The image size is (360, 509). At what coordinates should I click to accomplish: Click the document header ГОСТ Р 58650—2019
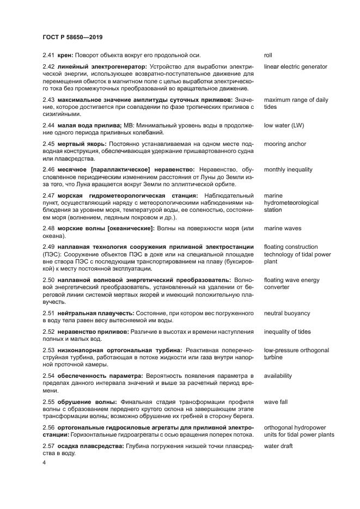tap(72, 37)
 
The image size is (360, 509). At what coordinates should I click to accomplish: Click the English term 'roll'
tap(268, 55)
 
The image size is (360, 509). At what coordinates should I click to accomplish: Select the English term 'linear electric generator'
tap(295, 66)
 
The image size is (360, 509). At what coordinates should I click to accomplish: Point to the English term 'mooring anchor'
tap(285, 144)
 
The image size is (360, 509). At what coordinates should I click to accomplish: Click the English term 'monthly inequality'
tap(288, 170)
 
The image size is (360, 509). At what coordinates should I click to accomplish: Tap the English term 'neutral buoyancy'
tap(287, 314)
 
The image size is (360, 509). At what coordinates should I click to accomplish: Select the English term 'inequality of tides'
tap(287, 332)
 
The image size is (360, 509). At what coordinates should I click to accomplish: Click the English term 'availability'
tap(278, 376)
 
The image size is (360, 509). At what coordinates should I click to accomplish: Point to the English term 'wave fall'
tap(276, 402)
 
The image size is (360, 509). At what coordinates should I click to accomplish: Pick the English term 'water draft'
tap(278, 446)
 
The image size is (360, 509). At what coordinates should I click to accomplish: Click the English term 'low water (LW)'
tap(283, 126)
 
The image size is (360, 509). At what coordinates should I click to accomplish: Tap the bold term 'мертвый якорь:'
tap(82, 144)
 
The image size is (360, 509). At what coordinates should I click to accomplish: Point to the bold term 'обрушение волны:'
tap(86, 402)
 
